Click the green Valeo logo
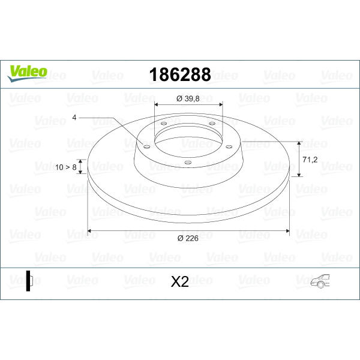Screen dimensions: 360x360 point(27,73)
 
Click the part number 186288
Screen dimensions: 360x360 point(180,74)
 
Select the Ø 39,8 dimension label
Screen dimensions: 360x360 point(188,99)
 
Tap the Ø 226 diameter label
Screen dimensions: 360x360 point(188,238)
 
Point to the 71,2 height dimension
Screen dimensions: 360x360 point(310,160)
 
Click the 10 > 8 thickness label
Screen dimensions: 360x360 point(65,167)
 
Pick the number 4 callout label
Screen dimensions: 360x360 point(74,118)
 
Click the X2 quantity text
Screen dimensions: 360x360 point(180,281)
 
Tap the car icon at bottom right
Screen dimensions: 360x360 point(320,281)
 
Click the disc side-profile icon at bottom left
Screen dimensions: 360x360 point(29,281)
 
